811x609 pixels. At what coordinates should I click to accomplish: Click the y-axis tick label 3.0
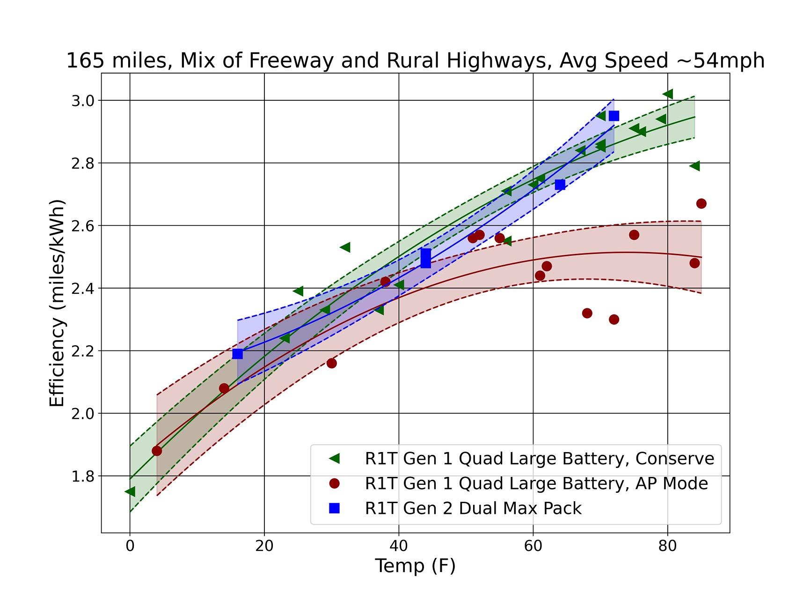coord(83,101)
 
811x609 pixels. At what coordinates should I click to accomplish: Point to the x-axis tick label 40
coord(399,546)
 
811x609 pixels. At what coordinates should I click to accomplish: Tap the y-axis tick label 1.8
coord(83,476)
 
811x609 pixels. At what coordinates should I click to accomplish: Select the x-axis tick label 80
coord(667,546)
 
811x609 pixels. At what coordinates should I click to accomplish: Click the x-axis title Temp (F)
coord(415,566)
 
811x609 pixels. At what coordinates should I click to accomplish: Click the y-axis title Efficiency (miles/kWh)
coord(57,304)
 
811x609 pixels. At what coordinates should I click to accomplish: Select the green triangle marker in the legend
coord(334,459)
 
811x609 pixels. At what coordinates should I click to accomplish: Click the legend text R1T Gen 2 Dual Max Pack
coord(473,508)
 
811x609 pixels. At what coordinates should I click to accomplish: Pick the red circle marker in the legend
coord(334,483)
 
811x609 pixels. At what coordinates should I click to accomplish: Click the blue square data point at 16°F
coord(238,354)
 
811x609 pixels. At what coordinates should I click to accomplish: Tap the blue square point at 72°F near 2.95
coord(614,116)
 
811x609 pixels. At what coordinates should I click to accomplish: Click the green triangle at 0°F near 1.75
coord(130,491)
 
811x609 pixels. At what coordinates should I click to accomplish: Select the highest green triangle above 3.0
coord(668,94)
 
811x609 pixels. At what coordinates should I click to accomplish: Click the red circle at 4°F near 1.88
coord(157,451)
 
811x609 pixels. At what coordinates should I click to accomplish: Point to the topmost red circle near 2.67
coord(701,203)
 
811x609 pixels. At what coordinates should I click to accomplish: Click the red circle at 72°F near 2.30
coord(614,319)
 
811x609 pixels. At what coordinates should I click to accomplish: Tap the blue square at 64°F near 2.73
coord(560,185)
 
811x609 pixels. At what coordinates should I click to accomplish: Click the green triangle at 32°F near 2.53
coord(345,247)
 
